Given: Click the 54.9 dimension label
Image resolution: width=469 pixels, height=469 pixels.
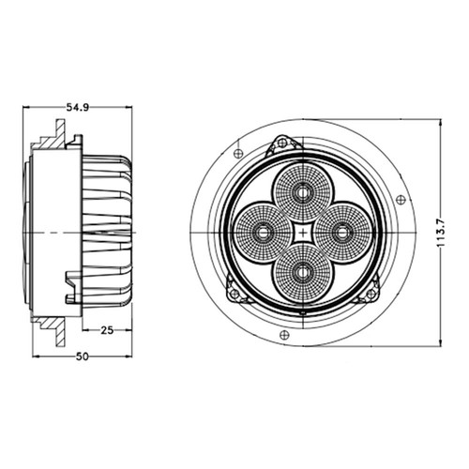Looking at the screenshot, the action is [x=78, y=108].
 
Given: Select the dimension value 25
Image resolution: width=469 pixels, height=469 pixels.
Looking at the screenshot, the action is [x=107, y=330].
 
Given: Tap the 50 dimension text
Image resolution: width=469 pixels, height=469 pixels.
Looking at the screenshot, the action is [x=83, y=356].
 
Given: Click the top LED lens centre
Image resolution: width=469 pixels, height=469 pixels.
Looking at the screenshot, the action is [x=303, y=192].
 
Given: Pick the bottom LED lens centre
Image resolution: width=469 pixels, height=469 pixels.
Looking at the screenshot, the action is [x=303, y=273].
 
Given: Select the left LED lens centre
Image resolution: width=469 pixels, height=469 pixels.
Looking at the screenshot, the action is [x=263, y=233].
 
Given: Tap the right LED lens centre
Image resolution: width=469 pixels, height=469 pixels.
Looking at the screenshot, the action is [x=342, y=233].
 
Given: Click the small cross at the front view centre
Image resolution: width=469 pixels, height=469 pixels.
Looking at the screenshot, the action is [x=303, y=233].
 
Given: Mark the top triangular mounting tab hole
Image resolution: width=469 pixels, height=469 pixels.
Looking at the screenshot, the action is [x=282, y=144].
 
